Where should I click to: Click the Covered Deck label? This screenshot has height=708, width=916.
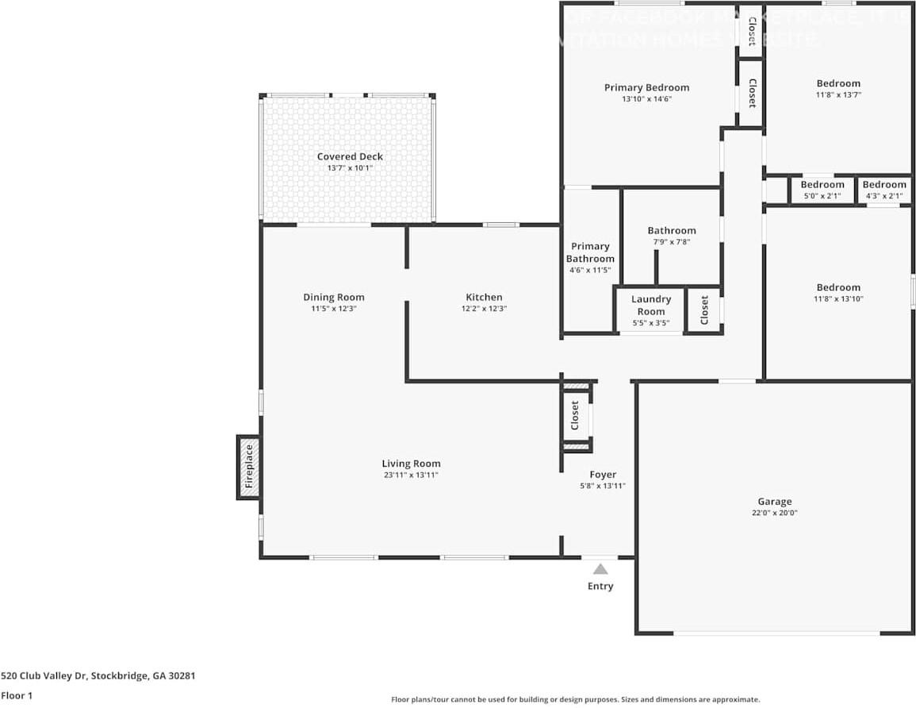point(350,156)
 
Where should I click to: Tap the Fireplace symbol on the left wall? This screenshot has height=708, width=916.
point(248,467)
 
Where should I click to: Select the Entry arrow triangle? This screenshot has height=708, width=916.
point(600,568)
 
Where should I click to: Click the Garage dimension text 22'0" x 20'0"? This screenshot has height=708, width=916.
point(774,513)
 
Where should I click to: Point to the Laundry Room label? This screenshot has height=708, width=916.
point(651,305)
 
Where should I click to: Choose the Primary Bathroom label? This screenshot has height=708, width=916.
point(590,252)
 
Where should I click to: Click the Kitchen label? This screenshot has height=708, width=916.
point(484,297)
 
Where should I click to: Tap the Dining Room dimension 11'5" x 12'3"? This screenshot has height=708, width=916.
point(334,309)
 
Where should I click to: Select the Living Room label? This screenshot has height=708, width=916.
point(411,464)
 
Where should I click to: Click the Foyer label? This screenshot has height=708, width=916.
point(603,475)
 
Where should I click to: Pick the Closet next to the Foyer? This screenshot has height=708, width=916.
point(576,415)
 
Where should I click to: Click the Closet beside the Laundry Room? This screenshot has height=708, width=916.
point(704,310)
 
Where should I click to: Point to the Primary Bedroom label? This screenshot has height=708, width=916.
point(646,87)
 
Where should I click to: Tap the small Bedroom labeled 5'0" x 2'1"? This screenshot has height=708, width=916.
point(822,190)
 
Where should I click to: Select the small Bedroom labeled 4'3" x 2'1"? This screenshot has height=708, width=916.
point(884,190)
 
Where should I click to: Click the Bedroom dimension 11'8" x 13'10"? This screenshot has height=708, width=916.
point(838,298)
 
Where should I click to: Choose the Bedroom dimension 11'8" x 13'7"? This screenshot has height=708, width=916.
point(838,94)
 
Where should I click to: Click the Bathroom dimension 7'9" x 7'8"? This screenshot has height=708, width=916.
point(671,242)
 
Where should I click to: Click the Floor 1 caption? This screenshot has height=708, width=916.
point(17,695)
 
